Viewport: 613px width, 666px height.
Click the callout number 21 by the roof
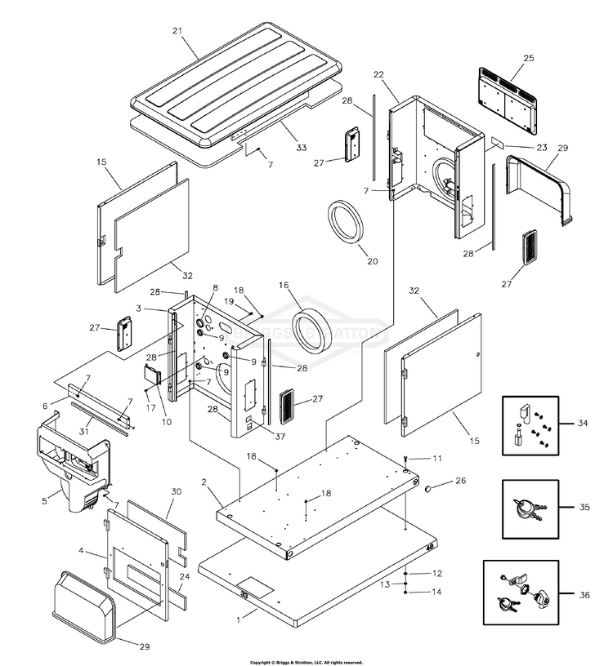click(177, 31)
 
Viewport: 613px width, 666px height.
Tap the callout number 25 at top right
click(528, 59)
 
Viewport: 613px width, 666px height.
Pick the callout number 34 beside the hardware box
click(581, 423)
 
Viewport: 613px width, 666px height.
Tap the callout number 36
click(584, 595)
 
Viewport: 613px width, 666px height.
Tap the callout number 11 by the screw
click(437, 459)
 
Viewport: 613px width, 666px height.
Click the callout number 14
click(437, 593)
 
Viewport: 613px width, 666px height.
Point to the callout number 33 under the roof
click(302, 148)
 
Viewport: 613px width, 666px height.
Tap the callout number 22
click(378, 75)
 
